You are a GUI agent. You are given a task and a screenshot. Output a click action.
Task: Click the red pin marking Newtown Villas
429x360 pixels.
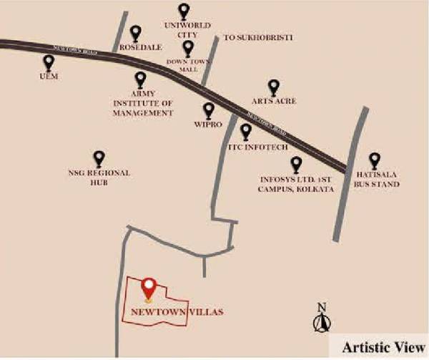[x=149, y=288]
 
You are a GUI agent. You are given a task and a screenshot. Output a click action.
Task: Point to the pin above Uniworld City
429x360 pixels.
[x=184, y=11]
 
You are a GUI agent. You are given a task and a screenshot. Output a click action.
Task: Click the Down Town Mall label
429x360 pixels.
[x=187, y=65]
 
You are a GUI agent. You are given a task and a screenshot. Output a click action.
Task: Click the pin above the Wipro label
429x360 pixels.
[x=209, y=110]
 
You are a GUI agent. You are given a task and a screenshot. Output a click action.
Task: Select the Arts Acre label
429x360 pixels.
[x=274, y=102]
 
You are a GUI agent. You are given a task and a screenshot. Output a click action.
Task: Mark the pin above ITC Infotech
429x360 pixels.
[x=246, y=131]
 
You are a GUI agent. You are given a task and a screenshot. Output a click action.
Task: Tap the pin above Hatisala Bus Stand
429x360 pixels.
[x=374, y=160]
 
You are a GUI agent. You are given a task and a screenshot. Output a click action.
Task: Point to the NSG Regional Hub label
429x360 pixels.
[x=99, y=177]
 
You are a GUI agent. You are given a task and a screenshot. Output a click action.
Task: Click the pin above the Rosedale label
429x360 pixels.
[x=136, y=32]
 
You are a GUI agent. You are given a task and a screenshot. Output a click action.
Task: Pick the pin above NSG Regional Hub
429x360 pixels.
[x=99, y=158]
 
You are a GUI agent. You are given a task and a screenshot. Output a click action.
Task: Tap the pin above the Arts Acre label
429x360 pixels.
[x=273, y=87]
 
